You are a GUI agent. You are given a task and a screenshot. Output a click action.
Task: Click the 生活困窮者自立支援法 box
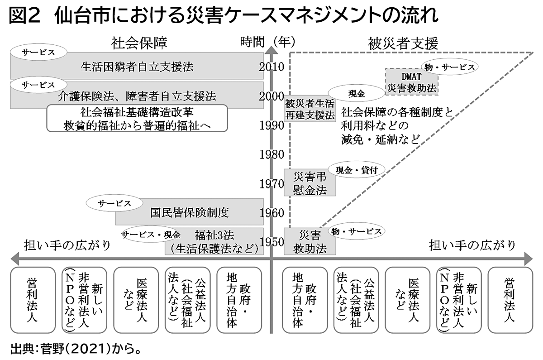tap(137, 67)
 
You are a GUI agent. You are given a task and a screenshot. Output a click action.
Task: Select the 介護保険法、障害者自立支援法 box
tap(137, 96)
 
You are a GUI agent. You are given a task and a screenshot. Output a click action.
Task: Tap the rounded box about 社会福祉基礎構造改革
tap(137, 119)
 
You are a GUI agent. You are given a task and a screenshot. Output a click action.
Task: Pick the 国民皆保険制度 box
tap(189, 212)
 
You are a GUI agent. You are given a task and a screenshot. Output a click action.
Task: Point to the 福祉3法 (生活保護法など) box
tap(214, 242)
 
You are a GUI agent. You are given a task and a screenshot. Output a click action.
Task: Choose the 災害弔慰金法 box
tap(310, 183)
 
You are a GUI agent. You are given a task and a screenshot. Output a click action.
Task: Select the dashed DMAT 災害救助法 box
tap(412, 82)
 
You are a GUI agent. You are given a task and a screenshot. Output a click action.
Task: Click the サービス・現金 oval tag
tap(151, 235)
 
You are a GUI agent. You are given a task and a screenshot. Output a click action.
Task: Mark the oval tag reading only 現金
tap(357, 94)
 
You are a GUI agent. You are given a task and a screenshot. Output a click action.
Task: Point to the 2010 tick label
tap(272, 67)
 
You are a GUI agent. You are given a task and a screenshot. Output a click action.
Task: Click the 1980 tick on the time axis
tap(272, 154)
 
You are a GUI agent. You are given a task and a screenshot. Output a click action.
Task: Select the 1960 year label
tap(272, 213)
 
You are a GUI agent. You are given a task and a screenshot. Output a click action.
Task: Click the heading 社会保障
tap(139, 43)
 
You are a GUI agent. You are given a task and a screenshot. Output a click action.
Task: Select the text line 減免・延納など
tap(381, 138)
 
